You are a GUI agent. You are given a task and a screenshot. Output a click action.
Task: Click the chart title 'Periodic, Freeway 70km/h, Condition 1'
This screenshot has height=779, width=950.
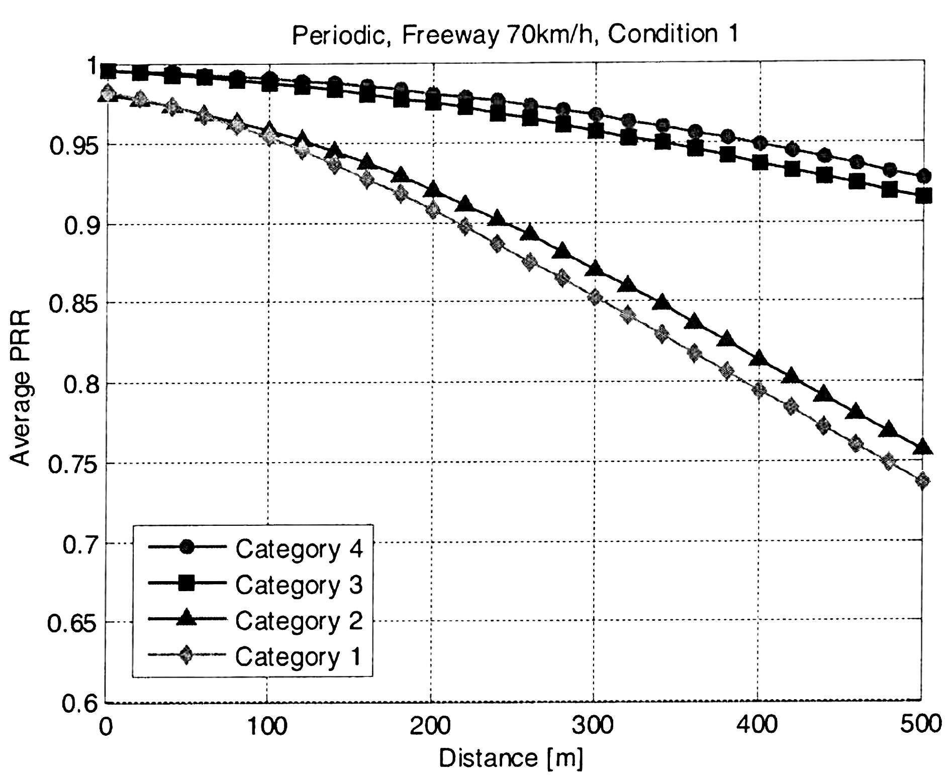[x=515, y=35]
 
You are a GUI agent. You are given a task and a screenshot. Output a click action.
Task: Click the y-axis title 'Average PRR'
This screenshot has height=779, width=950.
[x=21, y=387]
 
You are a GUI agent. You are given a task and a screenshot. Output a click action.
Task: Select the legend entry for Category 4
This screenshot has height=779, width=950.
[x=255, y=548]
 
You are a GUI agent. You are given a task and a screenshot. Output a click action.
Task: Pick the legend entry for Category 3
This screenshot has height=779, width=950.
[x=255, y=585]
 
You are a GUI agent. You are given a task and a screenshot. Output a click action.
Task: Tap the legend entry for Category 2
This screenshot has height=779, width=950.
[x=255, y=620]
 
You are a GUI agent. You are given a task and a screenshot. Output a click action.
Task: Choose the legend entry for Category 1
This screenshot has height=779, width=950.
[x=255, y=656]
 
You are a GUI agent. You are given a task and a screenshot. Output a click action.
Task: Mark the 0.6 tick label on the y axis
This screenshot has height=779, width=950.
[x=79, y=703]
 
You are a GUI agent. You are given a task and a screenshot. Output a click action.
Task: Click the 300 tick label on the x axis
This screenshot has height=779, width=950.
[x=594, y=725]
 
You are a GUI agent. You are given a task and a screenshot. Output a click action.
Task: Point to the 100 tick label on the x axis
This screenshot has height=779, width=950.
[x=267, y=725]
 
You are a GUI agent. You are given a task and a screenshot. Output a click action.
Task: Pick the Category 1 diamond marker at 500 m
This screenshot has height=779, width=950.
[x=923, y=481]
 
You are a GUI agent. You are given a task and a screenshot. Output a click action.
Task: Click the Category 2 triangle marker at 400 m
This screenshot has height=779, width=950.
[x=759, y=358]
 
